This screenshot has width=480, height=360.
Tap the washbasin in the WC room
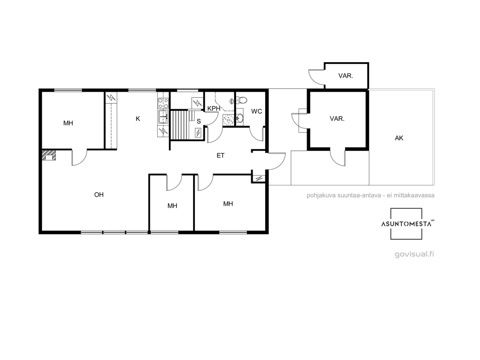pyautogui.click(x=240, y=118)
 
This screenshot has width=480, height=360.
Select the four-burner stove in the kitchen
pyautogui.click(x=163, y=103)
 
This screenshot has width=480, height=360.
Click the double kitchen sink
pyautogui.click(x=163, y=117)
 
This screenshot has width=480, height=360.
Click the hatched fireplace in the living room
pyautogui.click(x=49, y=155)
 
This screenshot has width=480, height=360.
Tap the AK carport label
pyautogui.click(x=399, y=138)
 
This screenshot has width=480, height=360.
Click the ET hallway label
pyautogui.click(x=220, y=156)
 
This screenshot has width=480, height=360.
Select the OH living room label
pyautogui.click(x=99, y=194)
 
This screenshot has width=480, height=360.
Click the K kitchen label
pyautogui.click(x=138, y=119)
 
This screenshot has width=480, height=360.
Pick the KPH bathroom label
pyautogui.click(x=214, y=108)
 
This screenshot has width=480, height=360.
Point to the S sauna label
pyautogui.click(x=199, y=121)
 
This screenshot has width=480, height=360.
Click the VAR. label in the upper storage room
pyautogui.click(x=346, y=76)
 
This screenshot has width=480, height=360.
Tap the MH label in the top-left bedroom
pyautogui.click(x=68, y=123)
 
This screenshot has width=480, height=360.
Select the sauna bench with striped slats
pyautogui.click(x=180, y=125)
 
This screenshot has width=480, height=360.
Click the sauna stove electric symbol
pyautogui.click(x=198, y=133)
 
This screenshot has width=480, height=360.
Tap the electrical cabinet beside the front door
pyautogui.click(x=259, y=178)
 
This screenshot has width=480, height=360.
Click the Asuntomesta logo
pyautogui.click(x=407, y=224)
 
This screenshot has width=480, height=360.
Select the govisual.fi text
pyautogui.click(x=414, y=254)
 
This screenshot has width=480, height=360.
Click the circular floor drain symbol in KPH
pyautogui.click(x=227, y=120)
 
